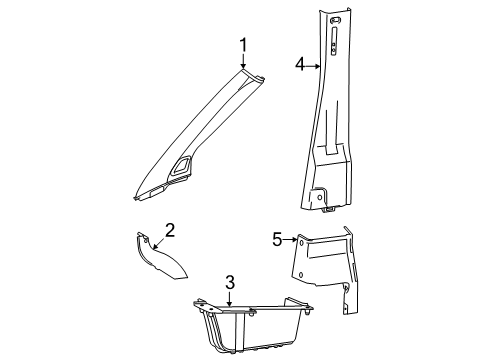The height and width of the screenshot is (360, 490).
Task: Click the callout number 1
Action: [x=242, y=43]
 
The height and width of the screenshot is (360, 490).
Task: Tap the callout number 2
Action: [x=169, y=259]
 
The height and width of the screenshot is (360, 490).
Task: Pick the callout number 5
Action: [x=277, y=267]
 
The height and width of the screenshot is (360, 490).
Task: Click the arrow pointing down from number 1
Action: [x=242, y=60]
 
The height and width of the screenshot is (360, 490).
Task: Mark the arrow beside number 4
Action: [x=313, y=66]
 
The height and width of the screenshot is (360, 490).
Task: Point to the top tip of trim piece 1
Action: [x=244, y=69]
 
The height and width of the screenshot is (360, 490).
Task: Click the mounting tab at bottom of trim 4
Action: [x=324, y=200]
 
